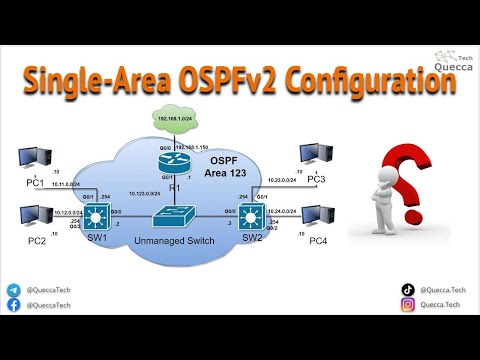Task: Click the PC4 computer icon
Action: click(317, 217)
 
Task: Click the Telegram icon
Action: click(13, 290)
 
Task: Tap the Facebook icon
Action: click(13, 308)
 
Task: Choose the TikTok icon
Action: click(408, 290)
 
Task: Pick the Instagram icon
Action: click(408, 308)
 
